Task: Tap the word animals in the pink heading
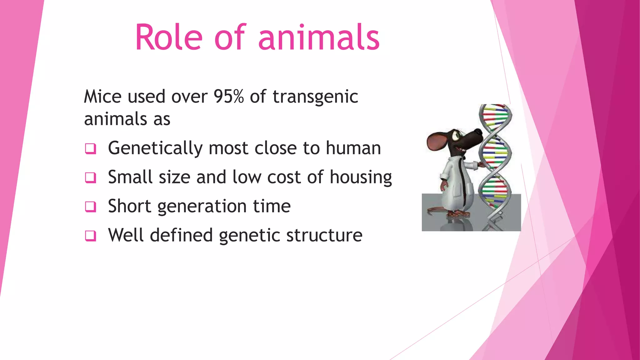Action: coord(318,38)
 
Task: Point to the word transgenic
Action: coord(315,97)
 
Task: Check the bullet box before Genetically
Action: coord(90,148)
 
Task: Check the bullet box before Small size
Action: coord(90,177)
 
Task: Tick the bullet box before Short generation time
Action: coord(90,207)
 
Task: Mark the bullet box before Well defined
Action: coord(90,236)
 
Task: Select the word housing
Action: coord(361,177)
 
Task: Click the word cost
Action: coord(284,177)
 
